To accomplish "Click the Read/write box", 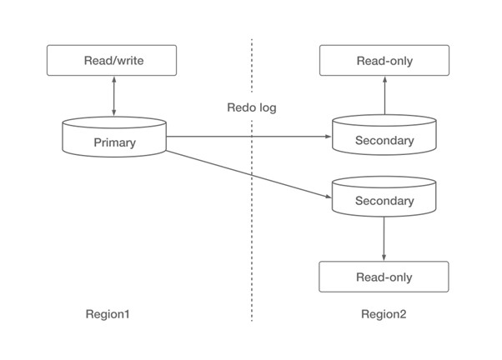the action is (x=112, y=61).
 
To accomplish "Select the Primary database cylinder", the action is (x=114, y=137).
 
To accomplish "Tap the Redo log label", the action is (x=252, y=107).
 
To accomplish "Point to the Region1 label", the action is (x=108, y=314).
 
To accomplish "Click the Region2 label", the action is (x=384, y=314).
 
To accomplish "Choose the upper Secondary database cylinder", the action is (x=384, y=135).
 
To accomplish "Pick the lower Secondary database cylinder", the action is (x=384, y=196).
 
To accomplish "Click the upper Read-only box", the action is (x=384, y=61).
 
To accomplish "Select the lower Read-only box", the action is (x=384, y=277).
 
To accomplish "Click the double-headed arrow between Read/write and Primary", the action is (x=114, y=96).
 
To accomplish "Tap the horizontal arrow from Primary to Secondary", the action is (x=249, y=137).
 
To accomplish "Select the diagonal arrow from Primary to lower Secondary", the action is (x=249, y=174).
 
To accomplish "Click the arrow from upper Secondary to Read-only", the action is (x=384, y=95).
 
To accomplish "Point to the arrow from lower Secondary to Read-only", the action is (x=384, y=238).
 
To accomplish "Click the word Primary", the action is (x=114, y=142).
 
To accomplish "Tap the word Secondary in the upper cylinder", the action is (x=384, y=140).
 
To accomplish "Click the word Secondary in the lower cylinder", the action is (x=384, y=201).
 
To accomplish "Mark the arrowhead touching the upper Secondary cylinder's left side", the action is (x=329, y=137).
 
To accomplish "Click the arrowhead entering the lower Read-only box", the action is (x=384, y=258).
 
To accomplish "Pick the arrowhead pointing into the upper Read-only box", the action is (x=384, y=79).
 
